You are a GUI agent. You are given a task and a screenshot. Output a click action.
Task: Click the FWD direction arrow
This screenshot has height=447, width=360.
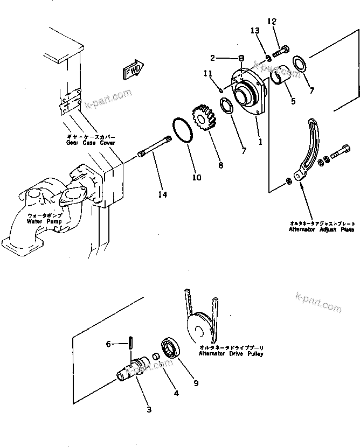pyautogui.click(x=133, y=69)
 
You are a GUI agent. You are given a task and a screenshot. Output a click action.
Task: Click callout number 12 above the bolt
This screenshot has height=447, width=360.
pyautogui.click(x=272, y=22)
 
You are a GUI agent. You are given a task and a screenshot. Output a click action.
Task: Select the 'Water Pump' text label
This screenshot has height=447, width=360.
pyautogui.click(x=45, y=221)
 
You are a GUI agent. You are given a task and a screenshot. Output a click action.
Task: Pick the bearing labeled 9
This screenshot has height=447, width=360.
pyautogui.click(x=172, y=349)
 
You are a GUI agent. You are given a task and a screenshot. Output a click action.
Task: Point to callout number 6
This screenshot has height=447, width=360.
pyautogui.click(x=108, y=343)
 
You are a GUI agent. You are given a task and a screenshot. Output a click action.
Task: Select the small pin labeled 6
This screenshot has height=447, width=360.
pyautogui.click(x=131, y=343)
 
